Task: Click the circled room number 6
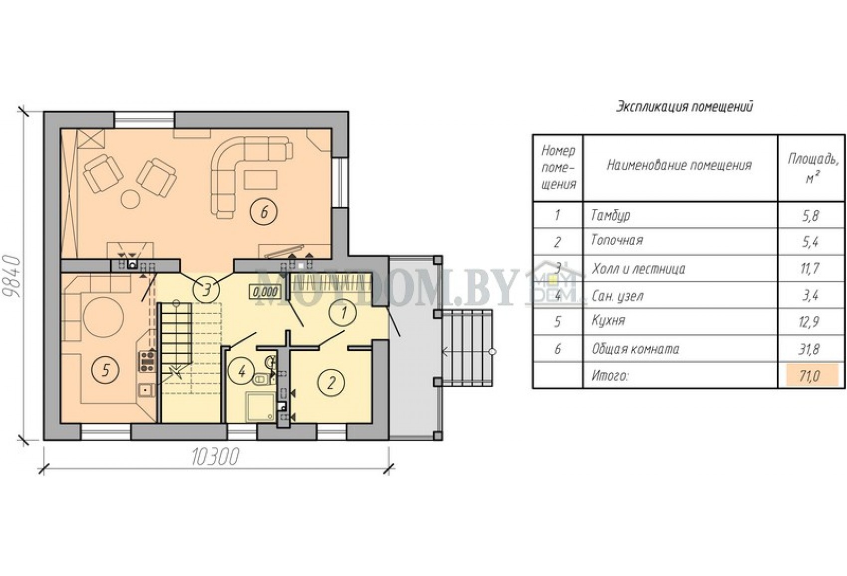tap(264, 212)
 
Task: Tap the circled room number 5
tap(106, 370)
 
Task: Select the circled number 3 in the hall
tap(206, 290)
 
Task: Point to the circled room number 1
tap(343, 313)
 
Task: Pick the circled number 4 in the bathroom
tap(242, 371)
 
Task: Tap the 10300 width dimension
tap(216, 457)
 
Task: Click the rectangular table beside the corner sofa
tap(261, 180)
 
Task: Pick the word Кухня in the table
tap(608, 321)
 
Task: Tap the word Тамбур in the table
tap(611, 216)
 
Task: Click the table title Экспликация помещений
tap(685, 107)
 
